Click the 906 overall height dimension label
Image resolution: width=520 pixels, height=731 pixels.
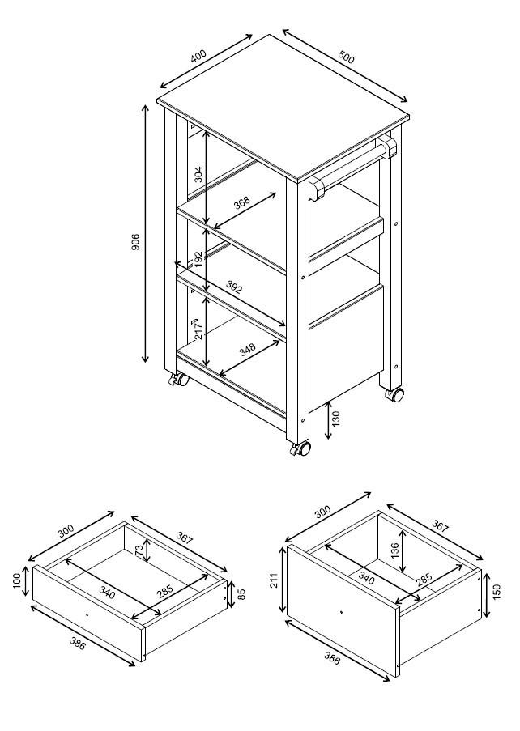click(x=135, y=241)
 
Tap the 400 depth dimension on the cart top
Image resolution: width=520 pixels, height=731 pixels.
click(x=198, y=56)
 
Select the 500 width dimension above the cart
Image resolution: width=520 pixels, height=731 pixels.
click(x=346, y=57)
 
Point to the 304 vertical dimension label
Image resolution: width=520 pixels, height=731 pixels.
click(x=198, y=174)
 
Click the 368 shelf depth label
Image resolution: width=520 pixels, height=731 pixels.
click(x=241, y=202)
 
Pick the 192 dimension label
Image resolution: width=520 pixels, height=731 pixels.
click(x=198, y=259)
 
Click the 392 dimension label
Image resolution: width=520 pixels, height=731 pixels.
click(x=234, y=287)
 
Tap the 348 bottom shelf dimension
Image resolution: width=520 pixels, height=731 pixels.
click(x=248, y=349)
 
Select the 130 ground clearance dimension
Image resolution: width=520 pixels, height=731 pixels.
click(x=336, y=419)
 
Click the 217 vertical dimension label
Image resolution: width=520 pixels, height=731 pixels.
click(x=198, y=329)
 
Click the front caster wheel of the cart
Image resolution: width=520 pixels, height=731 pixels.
click(x=301, y=449)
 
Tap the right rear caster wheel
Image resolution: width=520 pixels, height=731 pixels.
click(x=395, y=395)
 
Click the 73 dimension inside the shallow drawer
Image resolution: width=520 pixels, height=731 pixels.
click(x=139, y=550)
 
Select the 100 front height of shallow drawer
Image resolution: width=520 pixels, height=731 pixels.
click(x=17, y=581)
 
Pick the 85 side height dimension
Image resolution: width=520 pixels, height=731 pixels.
click(x=241, y=594)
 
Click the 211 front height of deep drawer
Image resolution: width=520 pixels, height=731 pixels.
click(x=275, y=580)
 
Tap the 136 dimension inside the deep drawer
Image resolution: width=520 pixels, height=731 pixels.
click(x=395, y=550)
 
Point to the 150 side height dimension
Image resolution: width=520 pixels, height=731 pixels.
click(x=497, y=592)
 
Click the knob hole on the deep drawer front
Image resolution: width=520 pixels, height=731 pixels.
click(x=341, y=612)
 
